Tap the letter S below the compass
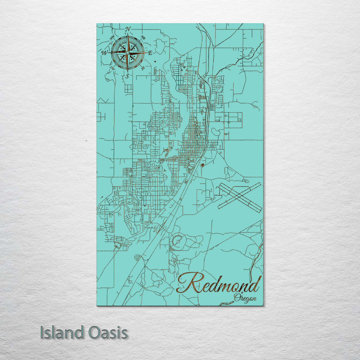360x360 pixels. (x=127, y=76)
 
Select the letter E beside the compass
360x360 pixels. (x=150, y=53)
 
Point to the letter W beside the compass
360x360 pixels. (x=105, y=53)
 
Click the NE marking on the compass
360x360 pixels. (x=144, y=37)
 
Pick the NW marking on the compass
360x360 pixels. (x=112, y=38)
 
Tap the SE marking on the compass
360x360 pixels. (x=143, y=68)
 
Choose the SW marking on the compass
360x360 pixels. (x=112, y=68)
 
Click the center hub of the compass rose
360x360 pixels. (x=128, y=53)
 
